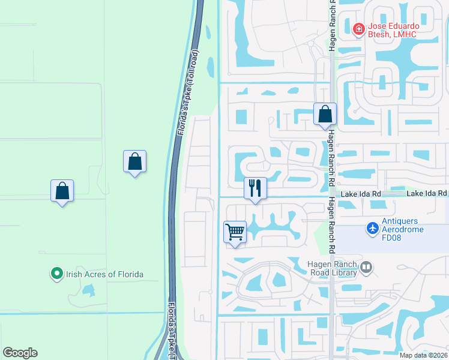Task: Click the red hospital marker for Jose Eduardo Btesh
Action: [358, 28]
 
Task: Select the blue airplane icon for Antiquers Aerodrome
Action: [373, 229]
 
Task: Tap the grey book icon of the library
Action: [366, 266]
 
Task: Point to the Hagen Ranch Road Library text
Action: [333, 268]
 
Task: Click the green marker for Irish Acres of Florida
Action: [57, 274]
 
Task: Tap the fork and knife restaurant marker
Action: [255, 188]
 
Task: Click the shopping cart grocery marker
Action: [235, 232]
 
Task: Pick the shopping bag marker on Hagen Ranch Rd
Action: [325, 113]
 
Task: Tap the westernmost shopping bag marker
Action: [62, 191]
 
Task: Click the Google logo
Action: [20, 353]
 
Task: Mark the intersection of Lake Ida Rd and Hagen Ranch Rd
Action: [331, 196]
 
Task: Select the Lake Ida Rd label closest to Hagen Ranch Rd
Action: [361, 194]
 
